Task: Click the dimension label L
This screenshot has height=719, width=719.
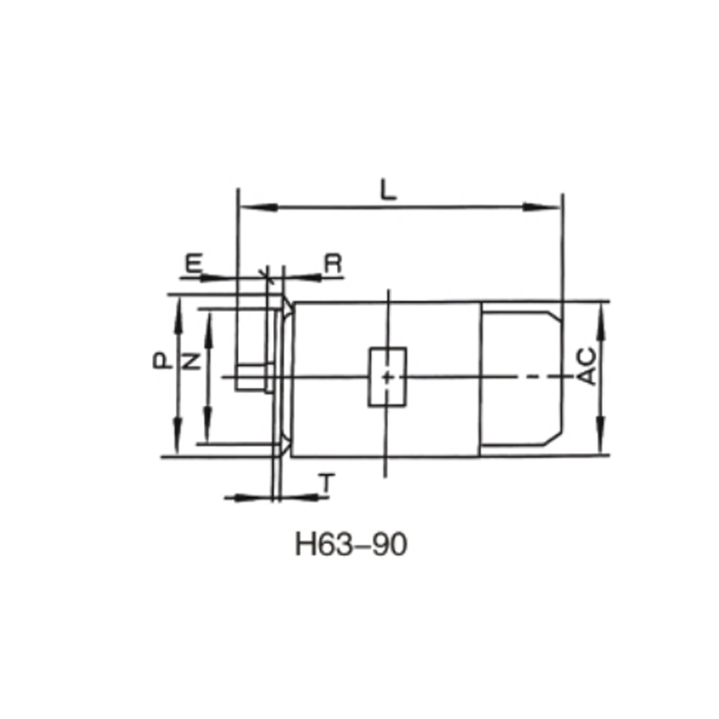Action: [387, 190]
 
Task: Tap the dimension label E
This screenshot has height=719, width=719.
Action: [193, 263]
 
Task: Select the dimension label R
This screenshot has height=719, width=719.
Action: [333, 263]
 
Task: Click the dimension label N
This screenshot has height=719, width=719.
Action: [191, 360]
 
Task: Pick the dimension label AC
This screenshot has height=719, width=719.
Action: [586, 365]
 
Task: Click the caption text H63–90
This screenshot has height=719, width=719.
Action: [351, 545]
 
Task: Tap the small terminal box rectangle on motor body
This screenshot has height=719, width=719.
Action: [386, 377]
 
